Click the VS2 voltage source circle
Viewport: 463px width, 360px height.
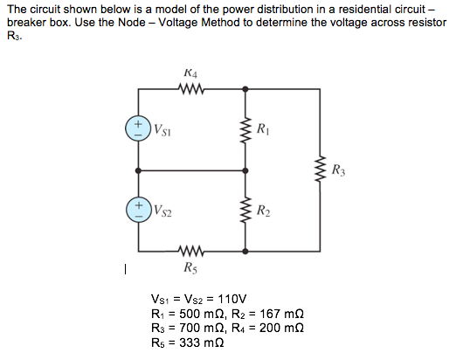point(138,210)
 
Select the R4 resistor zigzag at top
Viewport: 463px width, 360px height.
point(190,88)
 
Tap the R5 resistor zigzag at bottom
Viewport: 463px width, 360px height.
point(190,251)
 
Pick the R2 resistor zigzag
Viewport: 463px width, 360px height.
point(245,210)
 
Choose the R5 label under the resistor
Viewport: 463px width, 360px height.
point(190,267)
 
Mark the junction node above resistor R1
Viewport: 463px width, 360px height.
point(245,88)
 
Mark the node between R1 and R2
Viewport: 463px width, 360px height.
point(245,170)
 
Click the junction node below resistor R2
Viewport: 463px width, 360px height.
point(245,251)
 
